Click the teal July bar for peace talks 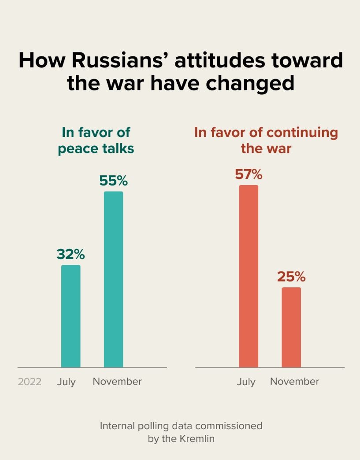[x=71, y=316]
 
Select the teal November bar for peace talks [x=113, y=279]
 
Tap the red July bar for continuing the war [x=249, y=276]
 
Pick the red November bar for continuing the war [x=291, y=327]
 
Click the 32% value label [x=71, y=254]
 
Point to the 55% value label [x=113, y=181]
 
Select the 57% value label [x=249, y=174]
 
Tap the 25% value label [x=291, y=277]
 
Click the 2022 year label [x=30, y=382]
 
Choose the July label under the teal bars [x=66, y=382]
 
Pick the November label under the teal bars [x=117, y=381]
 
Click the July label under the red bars [x=246, y=382]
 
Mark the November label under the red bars [x=294, y=381]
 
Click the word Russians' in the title [x=119, y=60]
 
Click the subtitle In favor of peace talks [x=96, y=140]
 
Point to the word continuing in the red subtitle [x=302, y=133]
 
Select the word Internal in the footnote [x=116, y=426]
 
